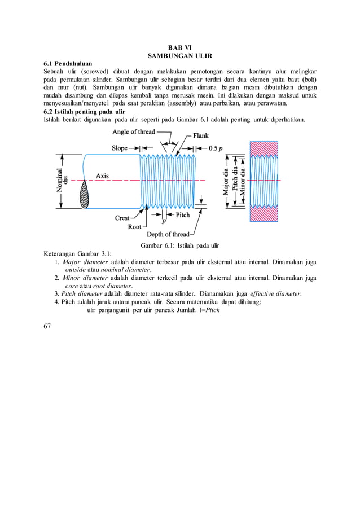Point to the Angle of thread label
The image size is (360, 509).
click(x=134, y=132)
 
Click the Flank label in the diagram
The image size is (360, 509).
click(x=200, y=136)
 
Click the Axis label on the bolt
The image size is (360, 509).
click(x=102, y=176)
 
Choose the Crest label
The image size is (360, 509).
click(x=122, y=217)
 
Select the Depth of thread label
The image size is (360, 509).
click(x=168, y=235)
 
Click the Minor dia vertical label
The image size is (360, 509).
click(x=243, y=179)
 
